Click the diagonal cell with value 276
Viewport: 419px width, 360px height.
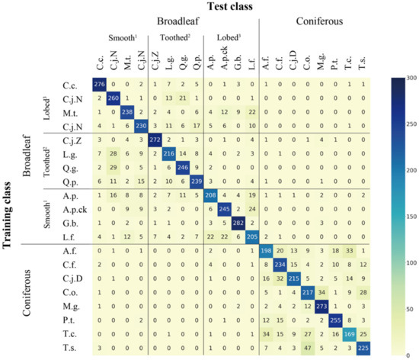[98, 82]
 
